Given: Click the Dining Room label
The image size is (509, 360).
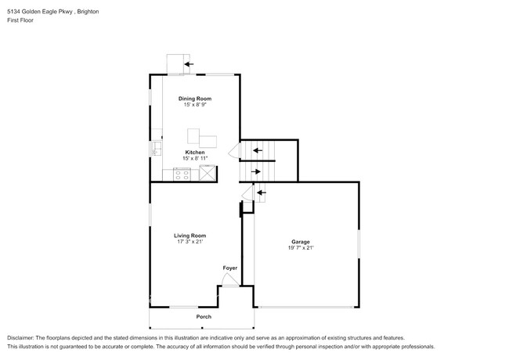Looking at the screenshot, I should point(195,99).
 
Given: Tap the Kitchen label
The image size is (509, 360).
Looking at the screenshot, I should point(195,152).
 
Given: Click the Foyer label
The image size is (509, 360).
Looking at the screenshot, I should point(229,268).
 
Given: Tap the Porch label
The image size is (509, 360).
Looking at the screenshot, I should point(204,316).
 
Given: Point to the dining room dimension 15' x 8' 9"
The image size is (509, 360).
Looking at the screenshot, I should point(195,105).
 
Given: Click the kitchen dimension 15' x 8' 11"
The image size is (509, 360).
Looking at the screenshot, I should point(195,158).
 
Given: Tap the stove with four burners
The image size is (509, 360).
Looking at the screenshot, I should point(181,175).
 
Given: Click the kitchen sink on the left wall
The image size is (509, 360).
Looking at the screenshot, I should point(155,146).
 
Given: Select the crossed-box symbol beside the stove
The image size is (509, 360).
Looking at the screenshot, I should point(208,175).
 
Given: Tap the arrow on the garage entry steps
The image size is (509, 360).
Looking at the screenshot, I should point(260,191).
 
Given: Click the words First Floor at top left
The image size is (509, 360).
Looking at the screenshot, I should point(20,20).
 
